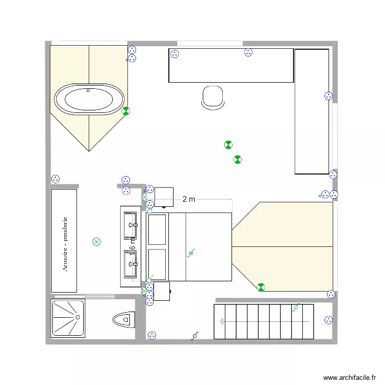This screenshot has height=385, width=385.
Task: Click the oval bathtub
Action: (89, 99)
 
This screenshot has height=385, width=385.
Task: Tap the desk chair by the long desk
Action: (213, 98)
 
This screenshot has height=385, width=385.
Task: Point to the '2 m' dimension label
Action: (189, 199)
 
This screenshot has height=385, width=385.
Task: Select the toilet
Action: (122, 319)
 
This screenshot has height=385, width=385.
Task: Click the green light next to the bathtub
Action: (126, 110)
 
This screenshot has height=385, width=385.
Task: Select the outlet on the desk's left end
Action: (175, 53)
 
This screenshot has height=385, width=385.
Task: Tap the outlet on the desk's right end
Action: (248, 52)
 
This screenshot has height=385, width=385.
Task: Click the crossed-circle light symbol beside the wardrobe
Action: (96, 241)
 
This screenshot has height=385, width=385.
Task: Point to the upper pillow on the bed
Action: (158, 229)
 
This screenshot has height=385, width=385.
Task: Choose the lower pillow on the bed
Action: (158, 264)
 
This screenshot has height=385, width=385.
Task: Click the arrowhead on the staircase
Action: (223, 322)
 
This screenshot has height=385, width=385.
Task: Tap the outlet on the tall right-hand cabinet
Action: (329, 95)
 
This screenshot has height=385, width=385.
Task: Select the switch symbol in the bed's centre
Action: (191, 253)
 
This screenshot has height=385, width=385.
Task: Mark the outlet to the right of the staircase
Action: (328, 320)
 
